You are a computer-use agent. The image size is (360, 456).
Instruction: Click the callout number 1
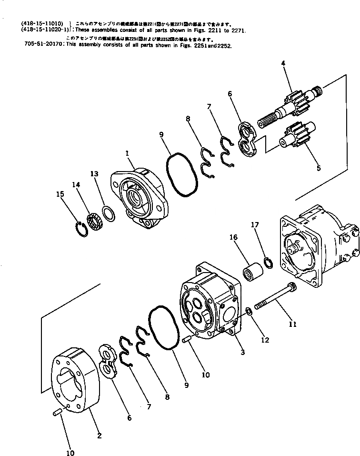click(127, 153)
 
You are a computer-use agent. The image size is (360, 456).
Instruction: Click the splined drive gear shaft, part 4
click(290, 107)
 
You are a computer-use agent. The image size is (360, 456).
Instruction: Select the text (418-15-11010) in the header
click(42, 23)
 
